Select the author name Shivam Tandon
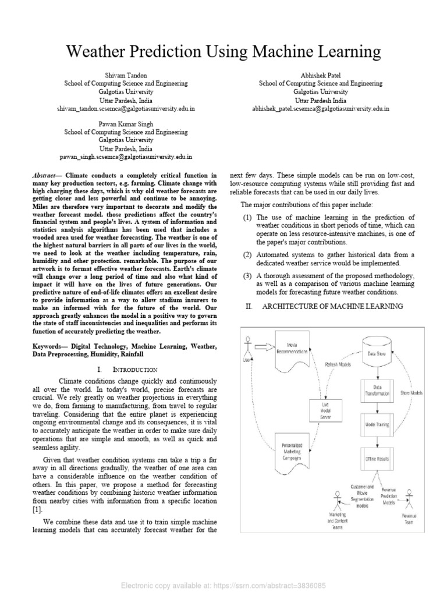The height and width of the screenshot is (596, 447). coord(126,76)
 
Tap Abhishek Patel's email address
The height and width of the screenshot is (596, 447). coord(321,109)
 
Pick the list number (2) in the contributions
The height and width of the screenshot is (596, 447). coord(247,254)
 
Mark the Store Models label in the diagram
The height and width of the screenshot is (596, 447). coord(411,393)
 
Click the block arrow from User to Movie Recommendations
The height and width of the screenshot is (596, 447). coord(263,347)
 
